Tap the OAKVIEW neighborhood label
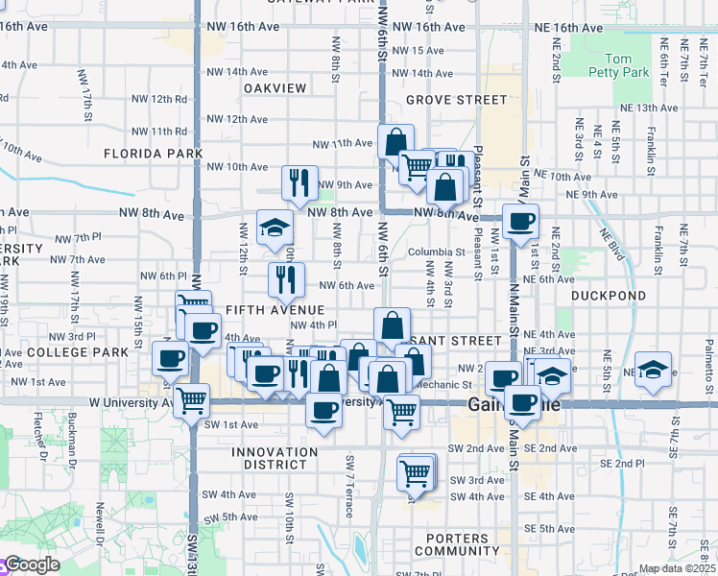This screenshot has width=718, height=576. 275,88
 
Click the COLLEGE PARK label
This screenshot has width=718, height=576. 64,352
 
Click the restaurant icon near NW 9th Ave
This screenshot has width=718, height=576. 299,183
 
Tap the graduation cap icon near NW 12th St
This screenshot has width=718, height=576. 275,228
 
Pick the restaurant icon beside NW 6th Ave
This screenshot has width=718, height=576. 287,280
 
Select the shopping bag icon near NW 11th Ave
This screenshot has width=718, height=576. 395,142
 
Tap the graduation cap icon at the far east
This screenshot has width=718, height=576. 653,371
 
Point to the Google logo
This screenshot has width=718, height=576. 32,565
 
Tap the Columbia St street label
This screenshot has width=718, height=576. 429,252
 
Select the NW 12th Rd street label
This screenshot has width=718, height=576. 159,99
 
